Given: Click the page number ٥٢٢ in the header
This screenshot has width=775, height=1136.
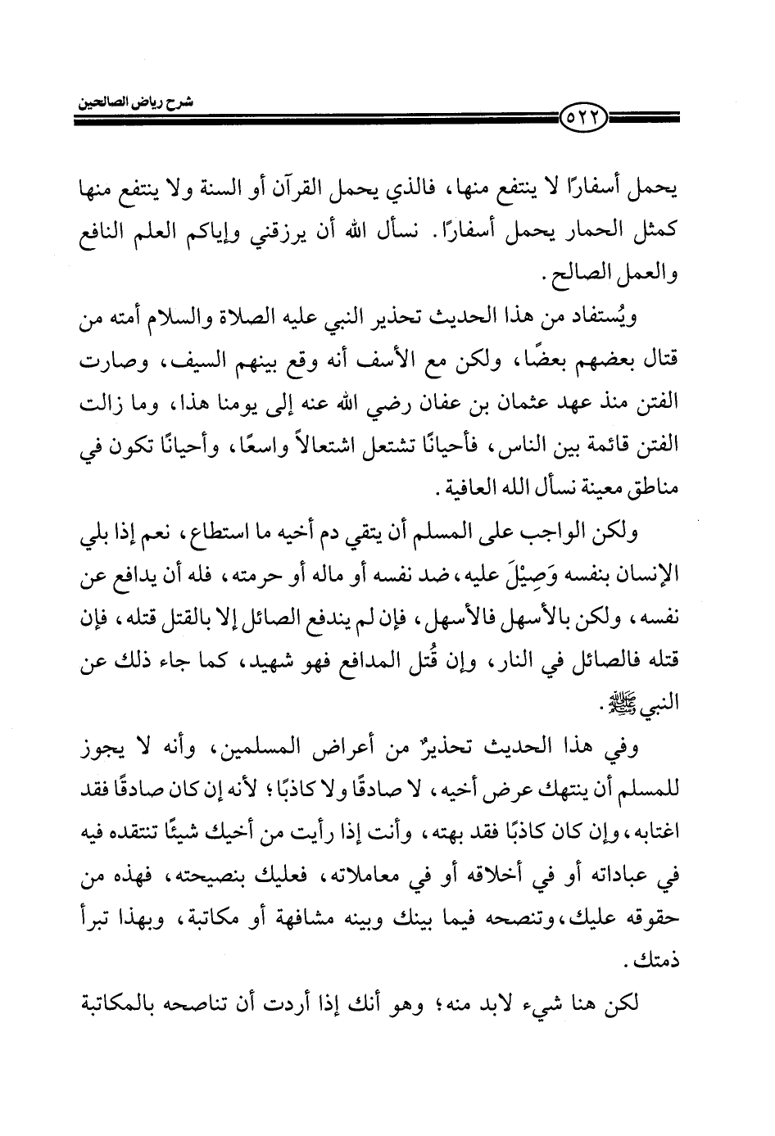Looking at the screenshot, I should (582, 120).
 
